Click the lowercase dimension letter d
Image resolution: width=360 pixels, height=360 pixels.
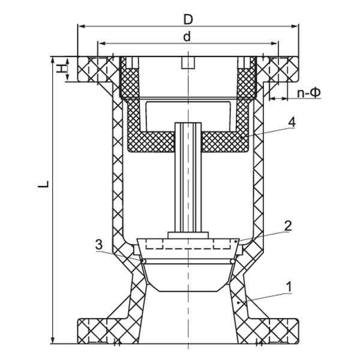pos(187,36)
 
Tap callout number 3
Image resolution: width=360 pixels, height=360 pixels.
pos(98,244)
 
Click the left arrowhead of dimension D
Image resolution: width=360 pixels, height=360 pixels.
pos(80,26)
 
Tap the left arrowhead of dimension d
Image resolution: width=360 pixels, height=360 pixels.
pos(100,43)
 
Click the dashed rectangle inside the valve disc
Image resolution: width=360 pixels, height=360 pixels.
pos(188,245)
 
